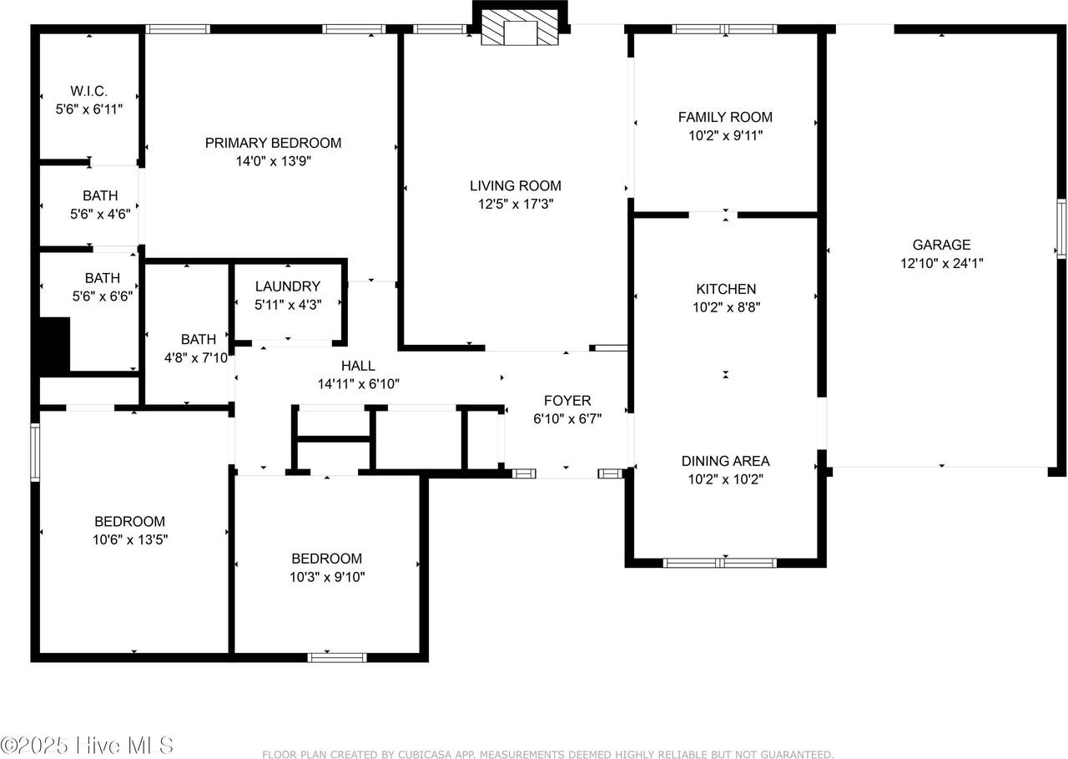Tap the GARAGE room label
coord(941,245)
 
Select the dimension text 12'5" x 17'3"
coord(514,203)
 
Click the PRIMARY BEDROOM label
coord(273,143)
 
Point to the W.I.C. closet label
coord(88,90)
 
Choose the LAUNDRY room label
coord(287,286)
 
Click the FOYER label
coord(567,401)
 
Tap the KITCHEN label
coord(726,289)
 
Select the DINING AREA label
coord(725,461)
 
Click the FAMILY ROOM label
coord(725,117)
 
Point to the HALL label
coord(358,366)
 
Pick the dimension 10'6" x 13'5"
coord(130,539)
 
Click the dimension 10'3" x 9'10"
coord(327,576)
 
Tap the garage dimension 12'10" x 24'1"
coord(941,263)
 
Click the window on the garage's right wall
coord(1061,228)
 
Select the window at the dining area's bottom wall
coord(720,563)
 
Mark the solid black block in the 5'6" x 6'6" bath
coord(54,344)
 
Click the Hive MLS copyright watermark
coord(88,745)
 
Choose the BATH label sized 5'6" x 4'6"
coord(100,195)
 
